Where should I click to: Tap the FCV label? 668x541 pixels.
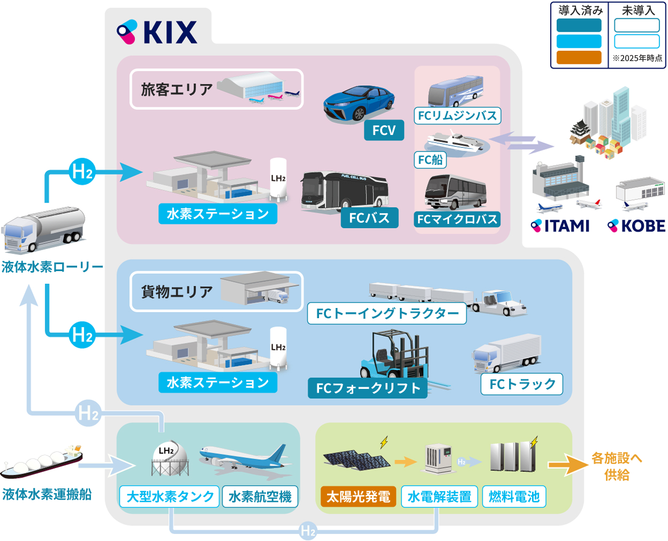click(384, 130)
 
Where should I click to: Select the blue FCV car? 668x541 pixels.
click(359, 103)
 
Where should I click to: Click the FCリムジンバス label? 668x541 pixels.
click(458, 116)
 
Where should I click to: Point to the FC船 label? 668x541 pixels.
click(430, 160)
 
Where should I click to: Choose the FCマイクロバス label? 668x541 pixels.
click(458, 219)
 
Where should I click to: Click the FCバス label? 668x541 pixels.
click(369, 218)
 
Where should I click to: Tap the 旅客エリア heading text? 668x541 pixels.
click(177, 89)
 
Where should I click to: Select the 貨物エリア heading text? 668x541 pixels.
click(177, 292)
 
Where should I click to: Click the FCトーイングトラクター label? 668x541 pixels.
click(387, 313)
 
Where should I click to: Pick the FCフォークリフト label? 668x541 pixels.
click(368, 388)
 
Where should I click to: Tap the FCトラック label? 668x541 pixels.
click(522, 384)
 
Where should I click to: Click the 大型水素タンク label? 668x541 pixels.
click(170, 497)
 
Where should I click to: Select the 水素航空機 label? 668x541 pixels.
click(260, 497)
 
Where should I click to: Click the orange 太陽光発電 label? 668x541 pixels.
click(358, 497)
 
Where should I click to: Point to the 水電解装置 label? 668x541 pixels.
click(439, 497)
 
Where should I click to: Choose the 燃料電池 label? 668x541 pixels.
click(514, 497)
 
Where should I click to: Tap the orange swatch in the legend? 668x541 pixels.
click(579, 57)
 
